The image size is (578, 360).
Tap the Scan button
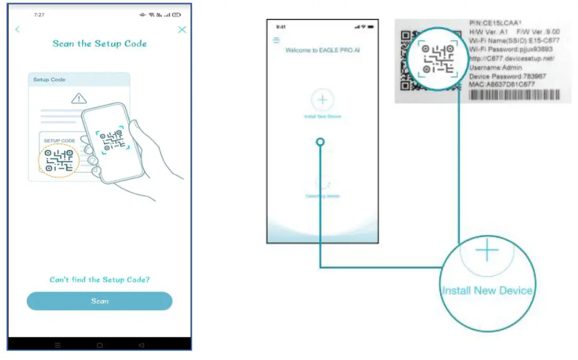[x=99, y=301]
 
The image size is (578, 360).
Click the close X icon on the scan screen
[x=182, y=30]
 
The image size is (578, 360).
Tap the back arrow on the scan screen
[x=18, y=30]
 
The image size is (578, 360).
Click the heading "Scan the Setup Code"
[x=99, y=44]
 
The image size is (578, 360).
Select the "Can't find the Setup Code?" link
[x=99, y=279]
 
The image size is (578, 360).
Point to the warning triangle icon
[x=79, y=98]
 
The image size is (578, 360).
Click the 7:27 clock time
[x=39, y=15]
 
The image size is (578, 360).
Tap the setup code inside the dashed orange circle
[x=59, y=160]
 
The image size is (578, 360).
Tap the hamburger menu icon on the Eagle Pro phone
[x=276, y=40]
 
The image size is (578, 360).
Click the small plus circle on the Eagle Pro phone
[x=322, y=100]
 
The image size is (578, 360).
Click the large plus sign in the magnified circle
[x=487, y=251]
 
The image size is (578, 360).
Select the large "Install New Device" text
[x=487, y=291]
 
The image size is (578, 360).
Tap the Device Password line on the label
[x=508, y=76]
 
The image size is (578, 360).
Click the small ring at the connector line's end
[x=320, y=142]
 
